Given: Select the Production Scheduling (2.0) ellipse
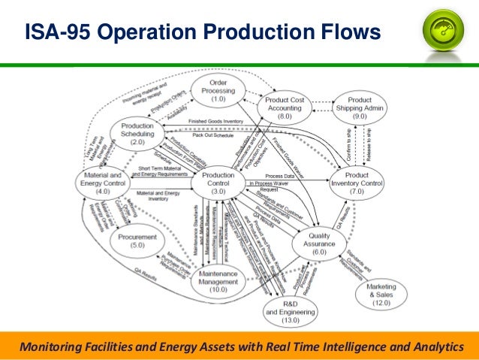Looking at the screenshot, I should coord(137,132).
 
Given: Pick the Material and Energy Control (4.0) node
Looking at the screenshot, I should coord(103,183).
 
